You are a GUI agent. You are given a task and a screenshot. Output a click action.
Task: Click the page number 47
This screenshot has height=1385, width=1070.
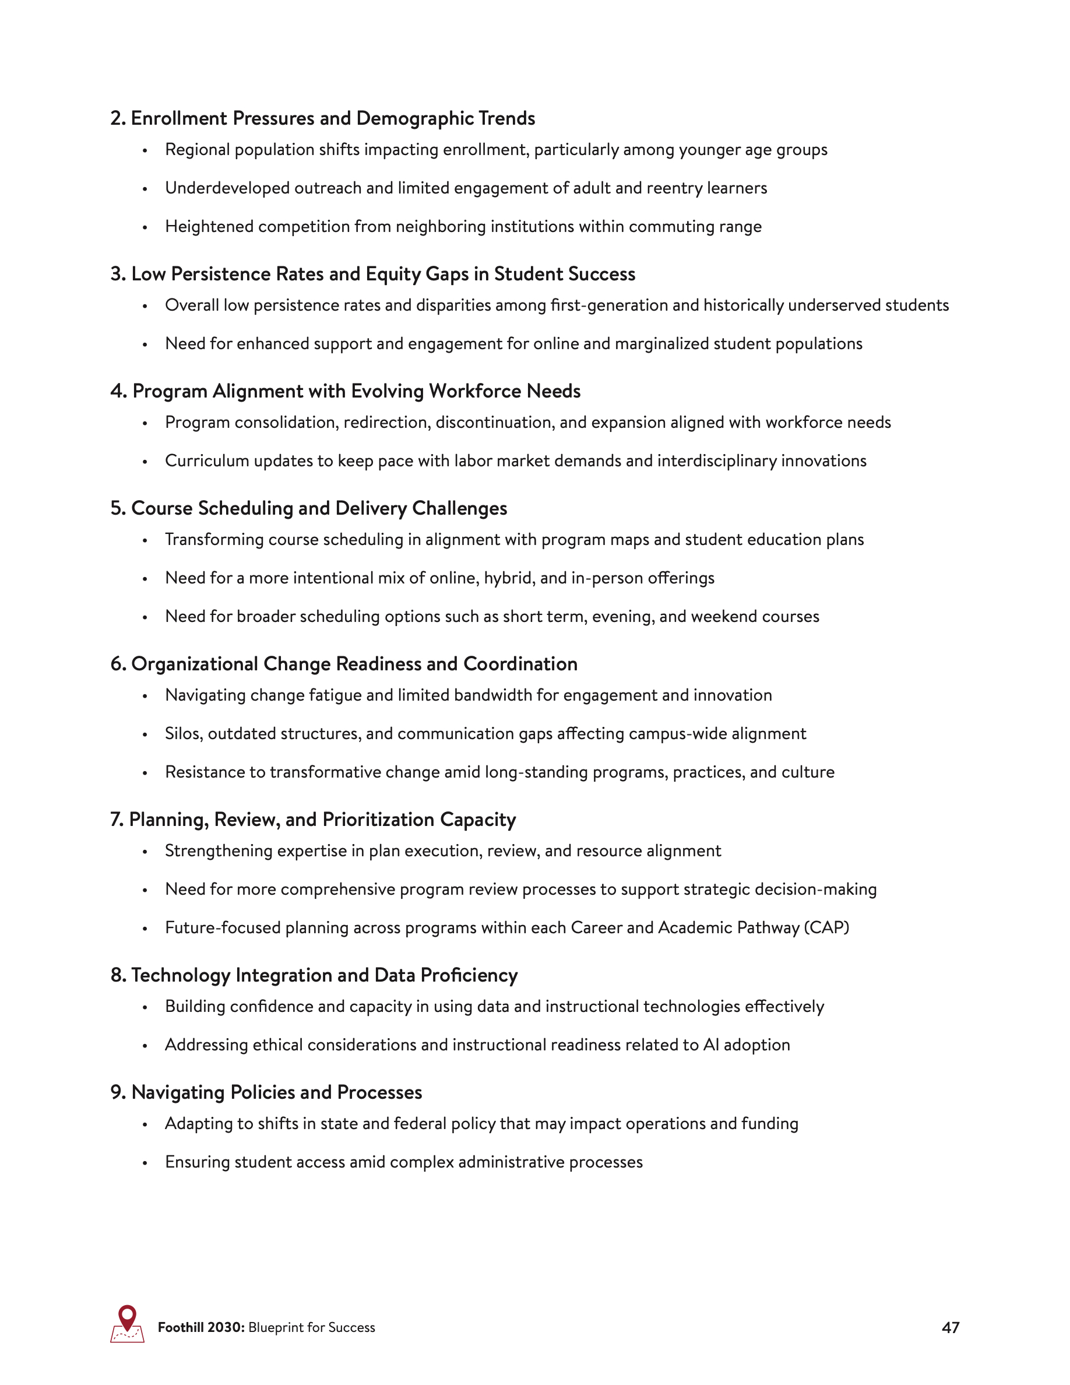950,1327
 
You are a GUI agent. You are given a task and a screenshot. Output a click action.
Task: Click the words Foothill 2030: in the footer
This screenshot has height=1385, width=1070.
201,1327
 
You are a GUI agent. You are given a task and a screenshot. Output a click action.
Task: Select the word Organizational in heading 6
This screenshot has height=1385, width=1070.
195,664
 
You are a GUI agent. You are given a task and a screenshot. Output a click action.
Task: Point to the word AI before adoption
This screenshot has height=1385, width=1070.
711,1045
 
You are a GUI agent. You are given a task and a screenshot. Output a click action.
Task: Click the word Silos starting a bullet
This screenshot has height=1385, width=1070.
184,734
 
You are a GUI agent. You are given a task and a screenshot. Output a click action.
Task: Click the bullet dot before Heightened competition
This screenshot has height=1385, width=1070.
145,227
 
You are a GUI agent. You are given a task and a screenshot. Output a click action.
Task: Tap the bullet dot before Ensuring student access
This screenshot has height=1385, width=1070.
145,1162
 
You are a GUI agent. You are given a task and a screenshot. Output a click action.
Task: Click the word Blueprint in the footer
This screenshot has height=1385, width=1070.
276,1327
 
